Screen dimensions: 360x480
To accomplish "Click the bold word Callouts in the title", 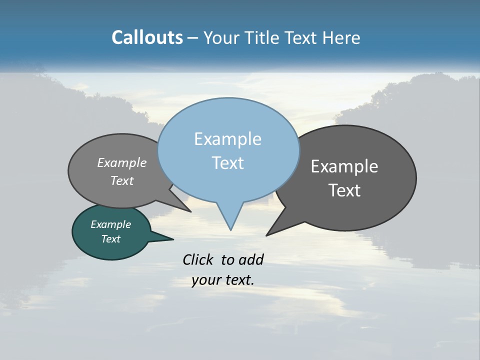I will [147, 37].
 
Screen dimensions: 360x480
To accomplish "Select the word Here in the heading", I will [341, 38].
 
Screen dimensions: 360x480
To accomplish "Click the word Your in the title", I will [221, 38].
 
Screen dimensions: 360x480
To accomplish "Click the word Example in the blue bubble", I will [227, 139].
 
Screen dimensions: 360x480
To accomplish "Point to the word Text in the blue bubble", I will [227, 163].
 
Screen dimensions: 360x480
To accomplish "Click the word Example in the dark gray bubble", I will [344, 166].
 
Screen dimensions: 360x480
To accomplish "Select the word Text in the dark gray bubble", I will [344, 190].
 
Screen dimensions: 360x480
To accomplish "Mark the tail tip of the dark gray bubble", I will [268, 234].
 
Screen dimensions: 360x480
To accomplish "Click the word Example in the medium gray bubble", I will [122, 162].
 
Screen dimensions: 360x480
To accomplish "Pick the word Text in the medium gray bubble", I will [122, 180].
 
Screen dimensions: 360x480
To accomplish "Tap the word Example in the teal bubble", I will [110, 224].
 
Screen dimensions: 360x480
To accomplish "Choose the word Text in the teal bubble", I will [110, 239].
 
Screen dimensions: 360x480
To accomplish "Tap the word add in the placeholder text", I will [251, 259].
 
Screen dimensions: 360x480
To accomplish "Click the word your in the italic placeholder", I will [205, 280].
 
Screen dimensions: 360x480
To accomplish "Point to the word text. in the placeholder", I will [238, 280].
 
